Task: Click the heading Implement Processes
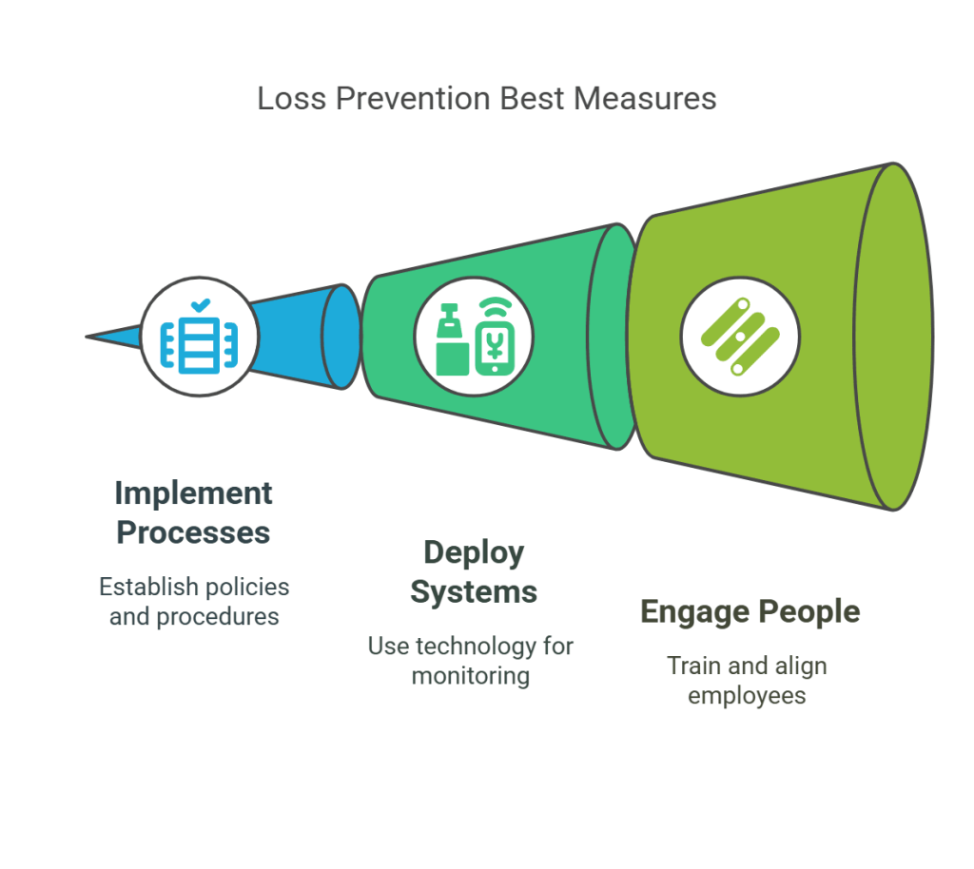point(193,512)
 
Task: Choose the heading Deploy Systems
point(474,571)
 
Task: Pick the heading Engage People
point(750,611)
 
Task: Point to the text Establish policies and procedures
point(194,602)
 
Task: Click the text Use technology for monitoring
point(471,661)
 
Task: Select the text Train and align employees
point(747,680)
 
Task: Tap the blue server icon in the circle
point(198,344)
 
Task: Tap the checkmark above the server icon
point(199,306)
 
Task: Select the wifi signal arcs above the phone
point(493,309)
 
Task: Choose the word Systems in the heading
point(474,591)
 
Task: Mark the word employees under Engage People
point(747,695)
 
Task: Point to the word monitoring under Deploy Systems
point(471,676)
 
